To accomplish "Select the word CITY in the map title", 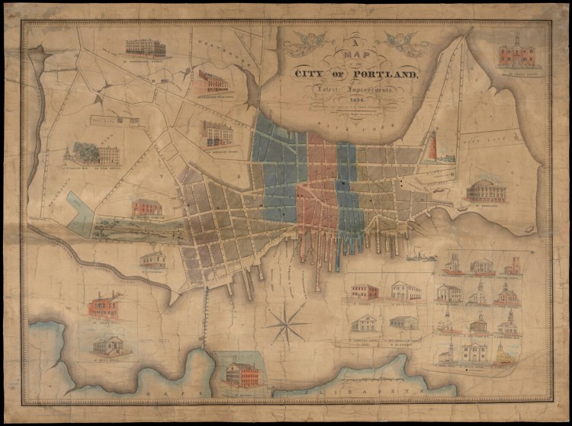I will [x=316, y=74].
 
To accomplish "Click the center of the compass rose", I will [x=287, y=325].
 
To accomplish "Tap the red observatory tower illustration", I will [x=432, y=145].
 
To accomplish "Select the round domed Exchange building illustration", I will [x=484, y=190].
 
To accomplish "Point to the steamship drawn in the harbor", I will [x=421, y=257].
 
